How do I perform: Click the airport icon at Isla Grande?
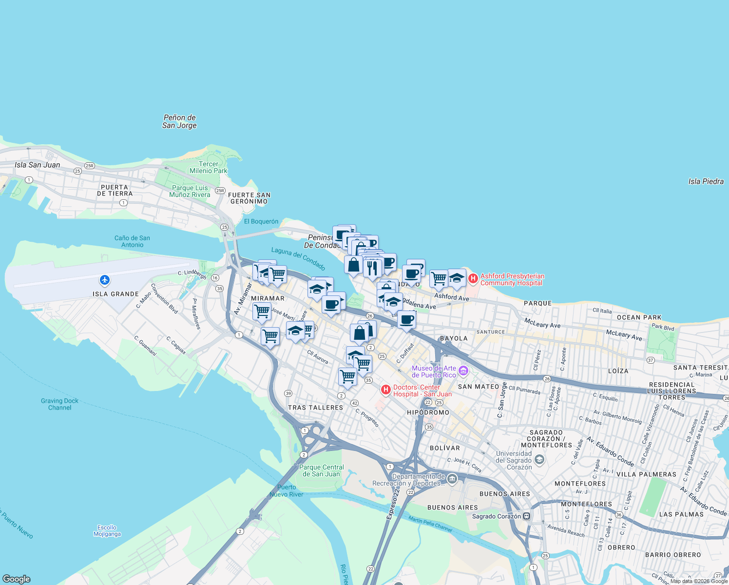point(104,280)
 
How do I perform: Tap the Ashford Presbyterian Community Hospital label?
point(512,279)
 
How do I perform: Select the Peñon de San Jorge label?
point(179,121)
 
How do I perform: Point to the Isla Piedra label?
point(706,181)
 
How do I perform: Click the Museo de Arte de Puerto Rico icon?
point(463,371)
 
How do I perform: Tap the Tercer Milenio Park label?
point(209,167)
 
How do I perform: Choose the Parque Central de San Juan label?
point(322,470)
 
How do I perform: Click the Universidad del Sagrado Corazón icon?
point(539,460)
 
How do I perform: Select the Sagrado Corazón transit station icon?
point(526,516)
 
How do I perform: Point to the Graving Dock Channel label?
point(59,404)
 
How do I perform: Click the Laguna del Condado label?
point(298,258)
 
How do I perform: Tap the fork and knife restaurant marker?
point(372,268)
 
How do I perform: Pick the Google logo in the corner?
point(17,579)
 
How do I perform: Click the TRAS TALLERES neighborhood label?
point(315,408)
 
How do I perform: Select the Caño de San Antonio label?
point(132,241)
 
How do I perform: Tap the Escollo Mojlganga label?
point(107,530)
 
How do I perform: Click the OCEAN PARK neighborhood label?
point(639,317)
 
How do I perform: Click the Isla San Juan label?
point(38,165)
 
